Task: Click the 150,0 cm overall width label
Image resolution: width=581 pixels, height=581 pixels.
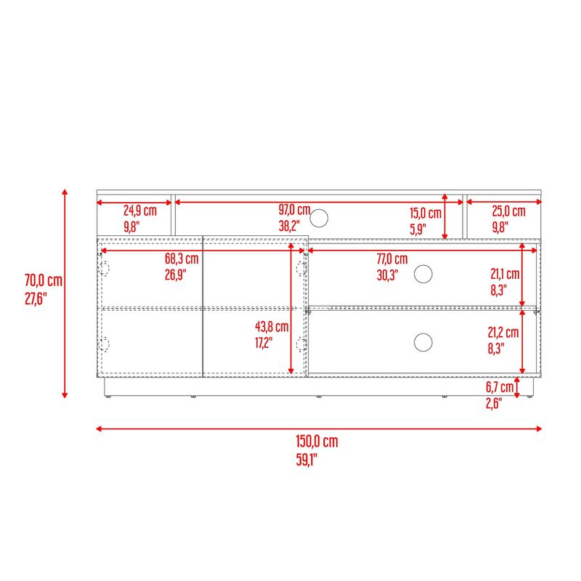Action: click(x=317, y=442)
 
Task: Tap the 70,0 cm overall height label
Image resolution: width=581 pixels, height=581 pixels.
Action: click(x=44, y=280)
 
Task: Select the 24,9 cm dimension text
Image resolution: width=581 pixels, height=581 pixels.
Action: click(x=140, y=211)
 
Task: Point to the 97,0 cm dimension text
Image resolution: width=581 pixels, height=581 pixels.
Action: click(x=295, y=210)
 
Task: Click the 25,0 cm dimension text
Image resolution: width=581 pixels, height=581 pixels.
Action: click(x=509, y=211)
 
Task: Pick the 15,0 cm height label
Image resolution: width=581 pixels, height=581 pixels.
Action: click(x=426, y=214)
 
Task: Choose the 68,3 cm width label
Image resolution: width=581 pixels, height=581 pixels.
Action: click(x=182, y=259)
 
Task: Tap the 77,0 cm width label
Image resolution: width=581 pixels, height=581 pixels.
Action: click(x=392, y=259)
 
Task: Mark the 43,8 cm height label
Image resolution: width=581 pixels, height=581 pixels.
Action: click(x=272, y=326)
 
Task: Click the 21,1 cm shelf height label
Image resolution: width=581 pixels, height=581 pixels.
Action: click(x=505, y=275)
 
